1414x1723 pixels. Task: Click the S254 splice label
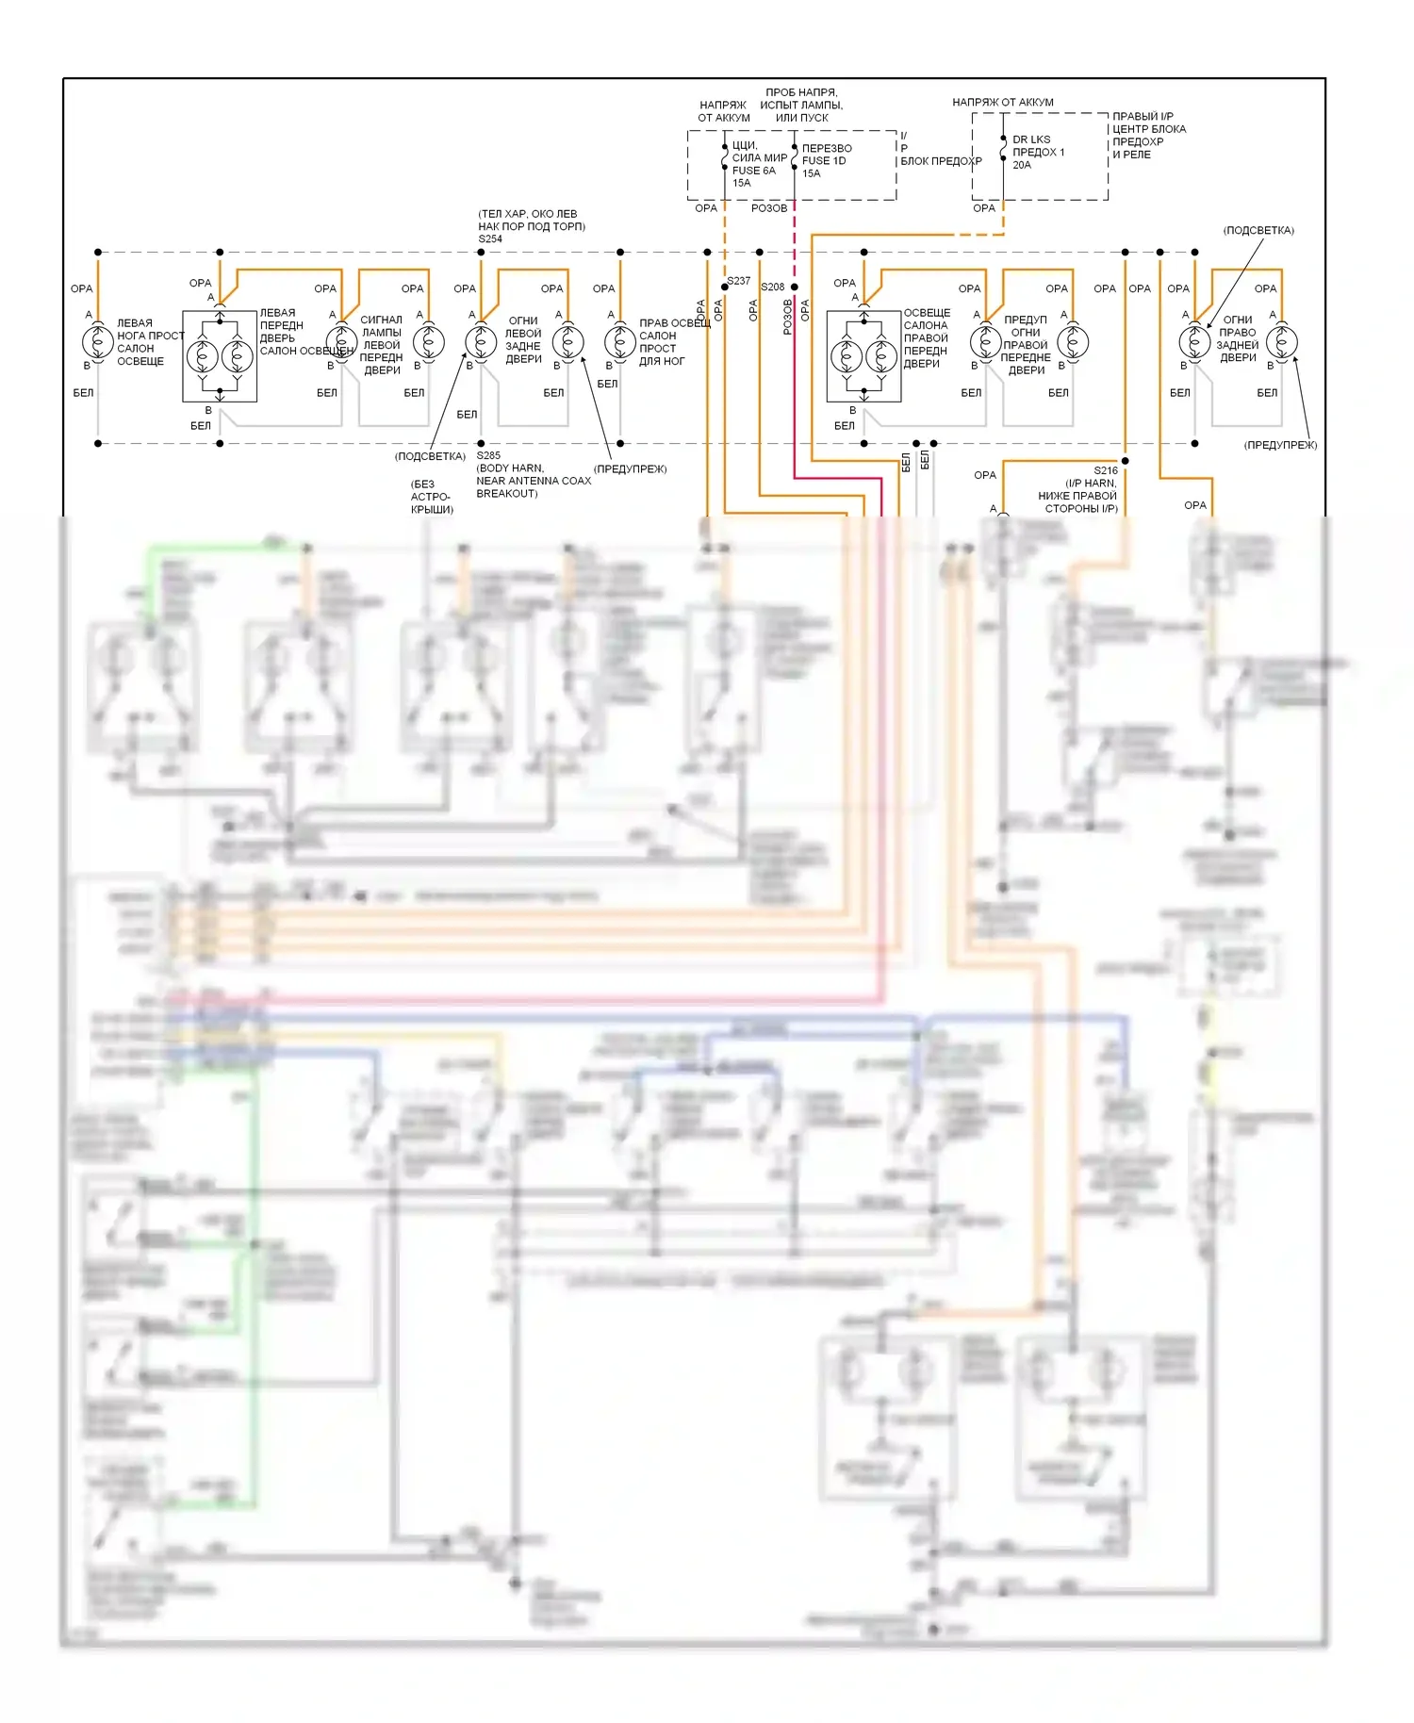[490, 239]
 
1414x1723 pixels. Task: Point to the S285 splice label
[488, 456]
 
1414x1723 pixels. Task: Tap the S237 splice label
[739, 281]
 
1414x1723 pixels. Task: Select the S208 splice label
[773, 287]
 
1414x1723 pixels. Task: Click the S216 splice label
[1106, 470]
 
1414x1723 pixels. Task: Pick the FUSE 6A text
[753, 171]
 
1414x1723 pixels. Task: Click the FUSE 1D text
[824, 161]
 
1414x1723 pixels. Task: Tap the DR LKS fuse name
[1031, 139]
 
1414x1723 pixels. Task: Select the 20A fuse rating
[1022, 165]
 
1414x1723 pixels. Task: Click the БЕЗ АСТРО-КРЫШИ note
[432, 497]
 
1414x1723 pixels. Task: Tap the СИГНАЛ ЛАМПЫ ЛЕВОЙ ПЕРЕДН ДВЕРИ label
[381, 345]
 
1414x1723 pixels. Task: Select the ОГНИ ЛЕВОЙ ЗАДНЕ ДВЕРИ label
[523, 339]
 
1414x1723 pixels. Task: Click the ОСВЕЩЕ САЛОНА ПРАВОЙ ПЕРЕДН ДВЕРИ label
[926, 337]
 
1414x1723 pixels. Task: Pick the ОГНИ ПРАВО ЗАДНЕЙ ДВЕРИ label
[1237, 338]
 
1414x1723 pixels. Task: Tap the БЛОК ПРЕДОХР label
[941, 161]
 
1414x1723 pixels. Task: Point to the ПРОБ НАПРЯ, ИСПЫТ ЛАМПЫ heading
[801, 105]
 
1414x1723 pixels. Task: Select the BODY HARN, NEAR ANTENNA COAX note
[534, 481]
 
